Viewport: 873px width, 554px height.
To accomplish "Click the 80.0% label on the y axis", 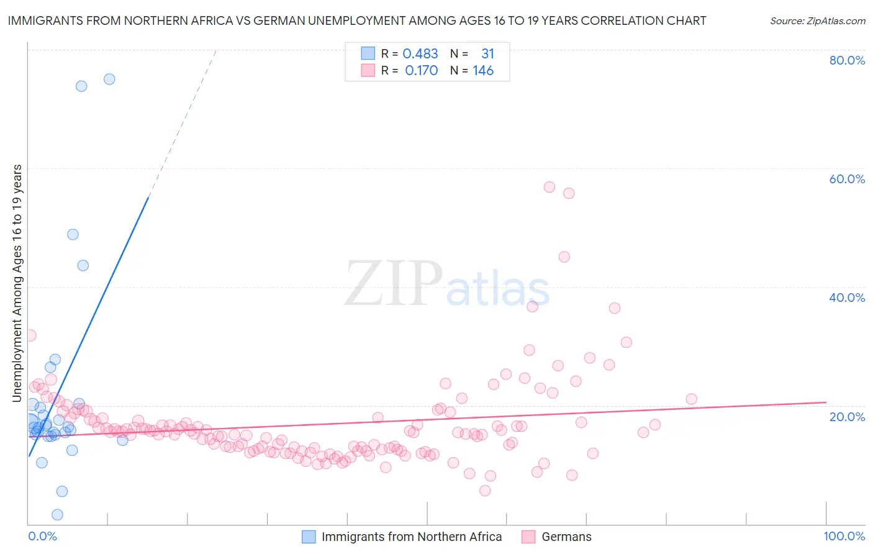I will pos(847,60).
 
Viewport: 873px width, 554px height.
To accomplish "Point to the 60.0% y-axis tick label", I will pos(847,179).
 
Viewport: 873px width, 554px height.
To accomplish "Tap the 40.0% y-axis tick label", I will pos(847,297).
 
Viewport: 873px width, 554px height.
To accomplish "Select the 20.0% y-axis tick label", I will pos(847,416).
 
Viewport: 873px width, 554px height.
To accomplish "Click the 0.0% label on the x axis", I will pos(42,536).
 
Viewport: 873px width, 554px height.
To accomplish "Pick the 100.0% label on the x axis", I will pos(844,536).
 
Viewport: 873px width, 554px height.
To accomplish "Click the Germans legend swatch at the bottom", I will pos(528,537).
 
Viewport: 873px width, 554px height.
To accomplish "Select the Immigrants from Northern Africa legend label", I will pos(412,537).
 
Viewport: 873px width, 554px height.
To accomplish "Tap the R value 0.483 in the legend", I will pos(420,54).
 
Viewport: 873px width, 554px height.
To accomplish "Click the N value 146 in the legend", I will pos(483,71).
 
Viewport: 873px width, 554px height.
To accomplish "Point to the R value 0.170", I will pos(422,71).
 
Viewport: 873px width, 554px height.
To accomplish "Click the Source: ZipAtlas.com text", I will pos(817,20).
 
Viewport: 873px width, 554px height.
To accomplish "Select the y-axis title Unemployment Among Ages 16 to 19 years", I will pos(17,283).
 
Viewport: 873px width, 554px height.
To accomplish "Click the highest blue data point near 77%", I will pos(109,79).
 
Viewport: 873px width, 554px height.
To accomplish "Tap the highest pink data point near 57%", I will pos(549,187).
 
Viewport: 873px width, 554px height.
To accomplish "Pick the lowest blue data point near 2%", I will pos(57,514).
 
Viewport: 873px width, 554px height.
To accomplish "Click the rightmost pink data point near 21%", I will pos(691,399).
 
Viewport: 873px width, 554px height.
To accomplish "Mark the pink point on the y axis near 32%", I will pos(30,335).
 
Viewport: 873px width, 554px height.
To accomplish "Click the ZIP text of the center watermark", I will pos(394,284).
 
